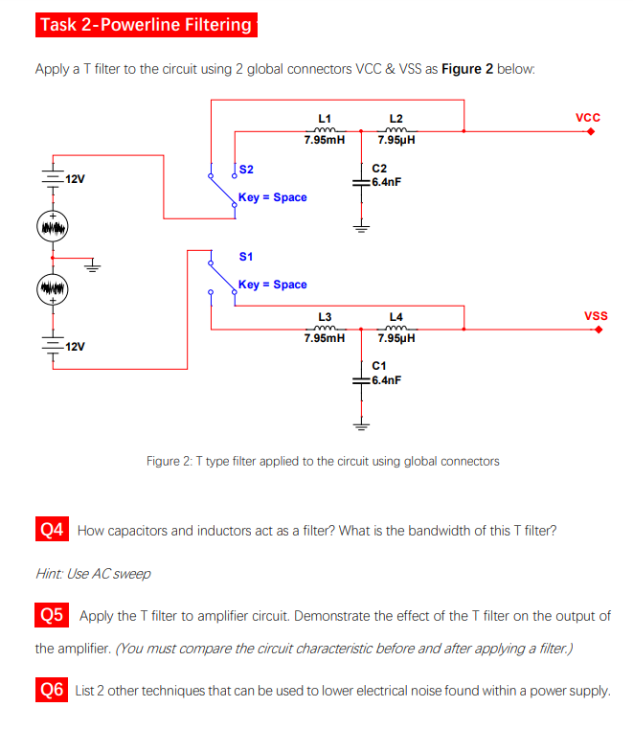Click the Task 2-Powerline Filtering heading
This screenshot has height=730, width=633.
(x=146, y=25)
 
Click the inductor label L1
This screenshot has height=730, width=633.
(x=325, y=118)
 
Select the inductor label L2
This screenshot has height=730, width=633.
(x=396, y=118)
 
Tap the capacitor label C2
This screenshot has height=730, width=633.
(x=379, y=167)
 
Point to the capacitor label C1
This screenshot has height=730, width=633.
(x=379, y=366)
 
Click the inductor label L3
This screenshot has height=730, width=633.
(x=325, y=316)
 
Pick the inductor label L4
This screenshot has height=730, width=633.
(x=396, y=316)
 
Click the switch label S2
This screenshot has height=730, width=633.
(x=246, y=170)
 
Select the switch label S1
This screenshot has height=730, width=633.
(x=246, y=257)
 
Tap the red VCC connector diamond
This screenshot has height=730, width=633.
(x=591, y=133)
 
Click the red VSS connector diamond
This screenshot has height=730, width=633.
(x=598, y=331)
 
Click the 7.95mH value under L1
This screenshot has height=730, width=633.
(x=324, y=140)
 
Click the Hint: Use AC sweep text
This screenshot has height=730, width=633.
(x=93, y=574)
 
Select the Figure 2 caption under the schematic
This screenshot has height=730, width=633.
(x=323, y=461)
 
